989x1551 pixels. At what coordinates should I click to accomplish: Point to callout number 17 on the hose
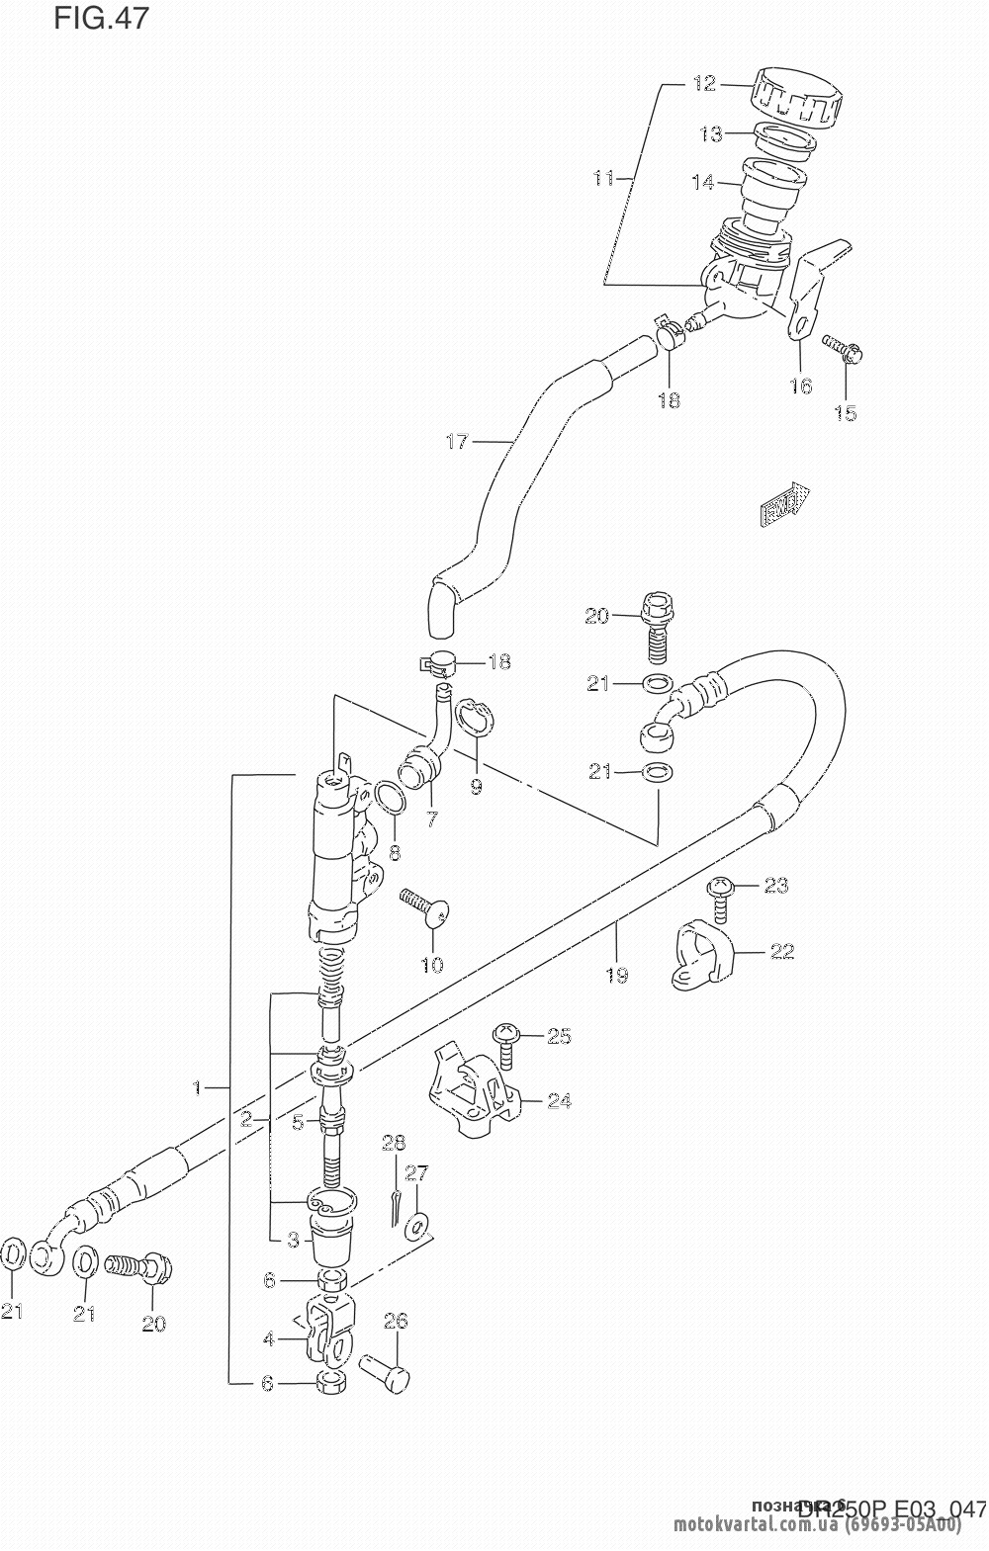(x=456, y=442)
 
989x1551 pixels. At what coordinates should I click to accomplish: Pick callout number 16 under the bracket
(x=800, y=386)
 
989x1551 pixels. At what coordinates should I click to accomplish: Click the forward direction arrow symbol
(x=784, y=507)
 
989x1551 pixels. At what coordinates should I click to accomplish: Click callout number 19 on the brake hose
(x=616, y=976)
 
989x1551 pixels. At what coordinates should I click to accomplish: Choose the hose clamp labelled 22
(x=703, y=952)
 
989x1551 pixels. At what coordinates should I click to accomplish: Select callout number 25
(x=559, y=1036)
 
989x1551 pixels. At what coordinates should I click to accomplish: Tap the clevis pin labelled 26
(x=384, y=1373)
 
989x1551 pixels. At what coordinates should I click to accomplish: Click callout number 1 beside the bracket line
(x=198, y=1088)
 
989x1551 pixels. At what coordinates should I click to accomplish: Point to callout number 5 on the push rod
(x=298, y=1122)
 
